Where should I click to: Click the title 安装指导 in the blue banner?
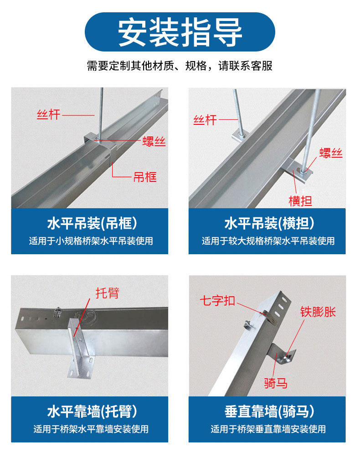click(x=180, y=32)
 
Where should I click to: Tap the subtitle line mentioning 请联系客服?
click(x=180, y=66)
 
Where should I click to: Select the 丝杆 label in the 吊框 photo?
click(x=48, y=115)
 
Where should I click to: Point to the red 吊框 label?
click(x=144, y=177)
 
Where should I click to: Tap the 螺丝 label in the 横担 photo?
click(x=330, y=153)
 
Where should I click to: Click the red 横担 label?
click(x=300, y=200)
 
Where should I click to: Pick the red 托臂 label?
click(x=107, y=293)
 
